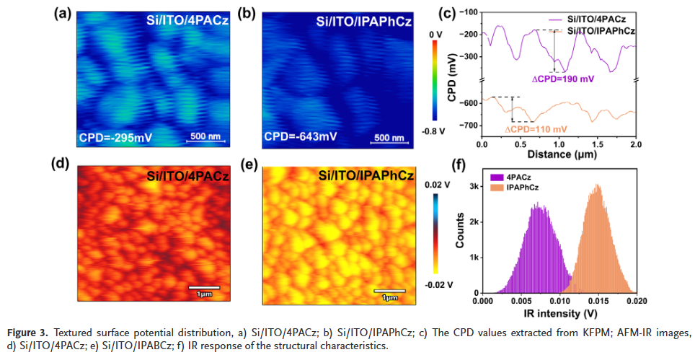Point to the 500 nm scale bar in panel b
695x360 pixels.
pyautogui.click(x=389, y=138)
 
